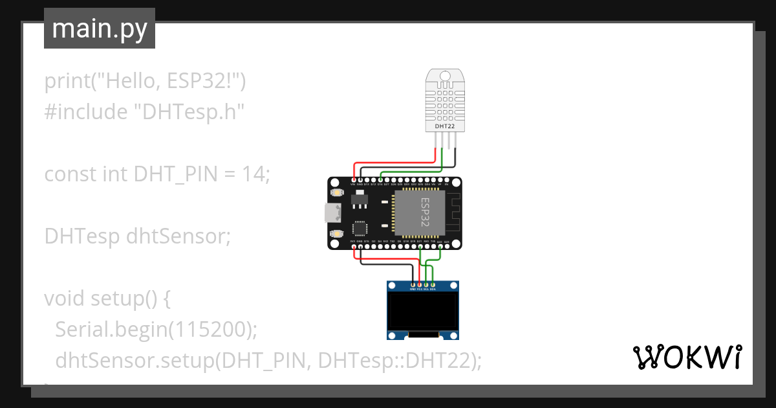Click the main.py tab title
click(100, 29)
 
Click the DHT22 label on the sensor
click(444, 126)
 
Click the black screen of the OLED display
click(423, 311)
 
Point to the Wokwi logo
click(687, 357)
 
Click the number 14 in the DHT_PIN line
click(253, 174)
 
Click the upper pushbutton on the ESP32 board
click(337, 193)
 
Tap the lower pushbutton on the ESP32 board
click(337, 232)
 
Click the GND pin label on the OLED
click(413, 289)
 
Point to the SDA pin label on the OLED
click(433, 289)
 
